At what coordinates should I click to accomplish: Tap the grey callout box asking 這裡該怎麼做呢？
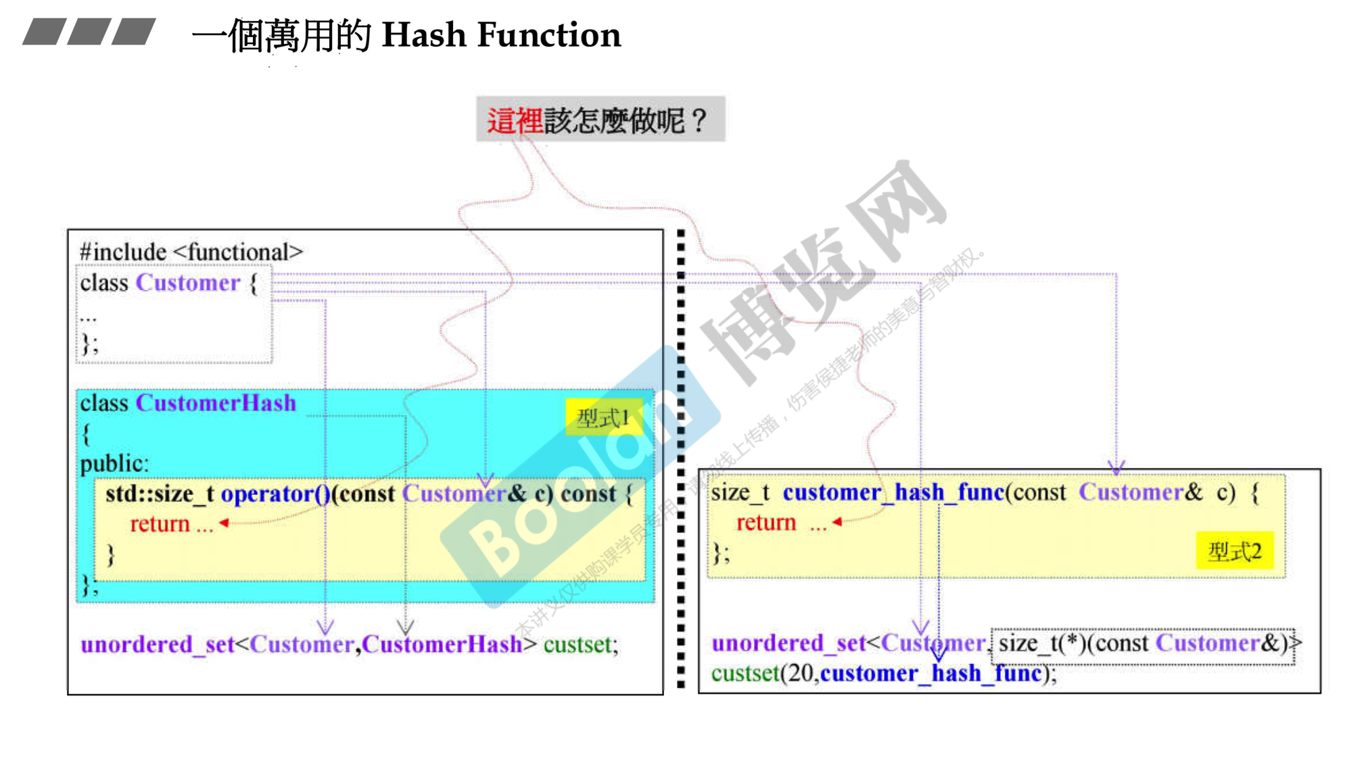click(x=600, y=120)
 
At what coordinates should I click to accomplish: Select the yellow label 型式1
click(x=603, y=418)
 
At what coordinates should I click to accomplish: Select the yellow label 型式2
click(x=1235, y=551)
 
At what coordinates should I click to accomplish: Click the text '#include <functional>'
click(x=191, y=252)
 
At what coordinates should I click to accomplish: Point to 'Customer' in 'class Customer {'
click(x=188, y=283)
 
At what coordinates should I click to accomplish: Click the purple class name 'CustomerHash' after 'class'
click(x=216, y=403)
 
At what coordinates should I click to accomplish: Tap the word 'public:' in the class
click(x=114, y=464)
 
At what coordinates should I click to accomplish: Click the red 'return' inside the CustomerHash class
click(x=160, y=524)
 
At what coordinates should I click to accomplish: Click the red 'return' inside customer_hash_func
click(x=766, y=523)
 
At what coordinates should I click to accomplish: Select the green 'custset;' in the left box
click(x=580, y=644)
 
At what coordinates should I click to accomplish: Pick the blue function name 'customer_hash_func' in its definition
click(x=893, y=492)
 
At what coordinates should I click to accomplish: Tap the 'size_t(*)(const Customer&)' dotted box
click(x=1143, y=643)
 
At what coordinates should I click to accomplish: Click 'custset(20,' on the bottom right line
click(x=765, y=674)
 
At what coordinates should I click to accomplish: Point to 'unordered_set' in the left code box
click(x=157, y=644)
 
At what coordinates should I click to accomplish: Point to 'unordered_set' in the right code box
click(x=788, y=643)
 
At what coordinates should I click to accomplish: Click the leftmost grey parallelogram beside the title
click(x=44, y=32)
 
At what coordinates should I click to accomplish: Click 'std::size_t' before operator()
click(x=160, y=494)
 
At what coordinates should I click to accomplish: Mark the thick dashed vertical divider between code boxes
click(x=681, y=460)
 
